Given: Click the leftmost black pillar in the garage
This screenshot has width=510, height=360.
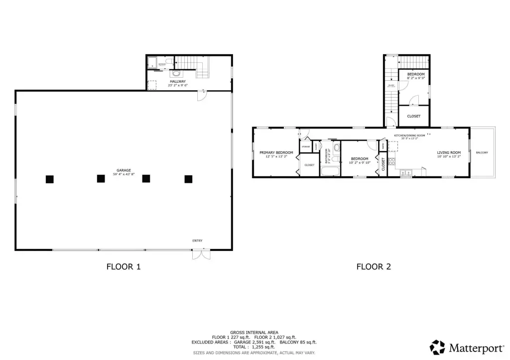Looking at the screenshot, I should tap(49, 179).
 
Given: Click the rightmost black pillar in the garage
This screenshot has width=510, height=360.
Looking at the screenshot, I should tap(188, 179).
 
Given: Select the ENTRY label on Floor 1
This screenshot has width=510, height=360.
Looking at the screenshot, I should tap(198, 241).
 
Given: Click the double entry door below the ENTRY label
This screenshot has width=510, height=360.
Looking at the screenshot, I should tap(201, 254).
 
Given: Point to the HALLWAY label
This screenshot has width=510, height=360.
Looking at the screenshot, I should tap(178, 81).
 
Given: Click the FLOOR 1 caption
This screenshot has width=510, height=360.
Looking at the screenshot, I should tap(124, 267).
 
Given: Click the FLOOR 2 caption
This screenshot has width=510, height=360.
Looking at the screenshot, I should tap(374, 267).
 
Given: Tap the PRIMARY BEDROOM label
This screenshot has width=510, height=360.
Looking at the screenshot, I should tap(276, 152).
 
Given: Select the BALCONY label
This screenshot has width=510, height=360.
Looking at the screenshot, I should tap(482, 152).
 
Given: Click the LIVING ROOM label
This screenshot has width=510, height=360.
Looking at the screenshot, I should tap(449, 152).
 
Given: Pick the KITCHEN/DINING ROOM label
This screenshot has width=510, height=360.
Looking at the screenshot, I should tap(410, 135).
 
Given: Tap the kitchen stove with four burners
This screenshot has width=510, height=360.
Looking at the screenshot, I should tap(391, 161).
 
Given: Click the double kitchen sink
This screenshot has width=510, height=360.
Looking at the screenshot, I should tap(406, 173).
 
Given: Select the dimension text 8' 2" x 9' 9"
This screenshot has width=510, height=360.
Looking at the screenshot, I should tap(416, 78).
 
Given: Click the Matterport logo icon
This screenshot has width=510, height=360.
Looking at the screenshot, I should tap(438, 347).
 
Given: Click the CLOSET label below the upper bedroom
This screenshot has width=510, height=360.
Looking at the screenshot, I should tap(414, 116).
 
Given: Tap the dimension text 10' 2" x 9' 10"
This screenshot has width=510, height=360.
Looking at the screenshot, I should tap(359, 162).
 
